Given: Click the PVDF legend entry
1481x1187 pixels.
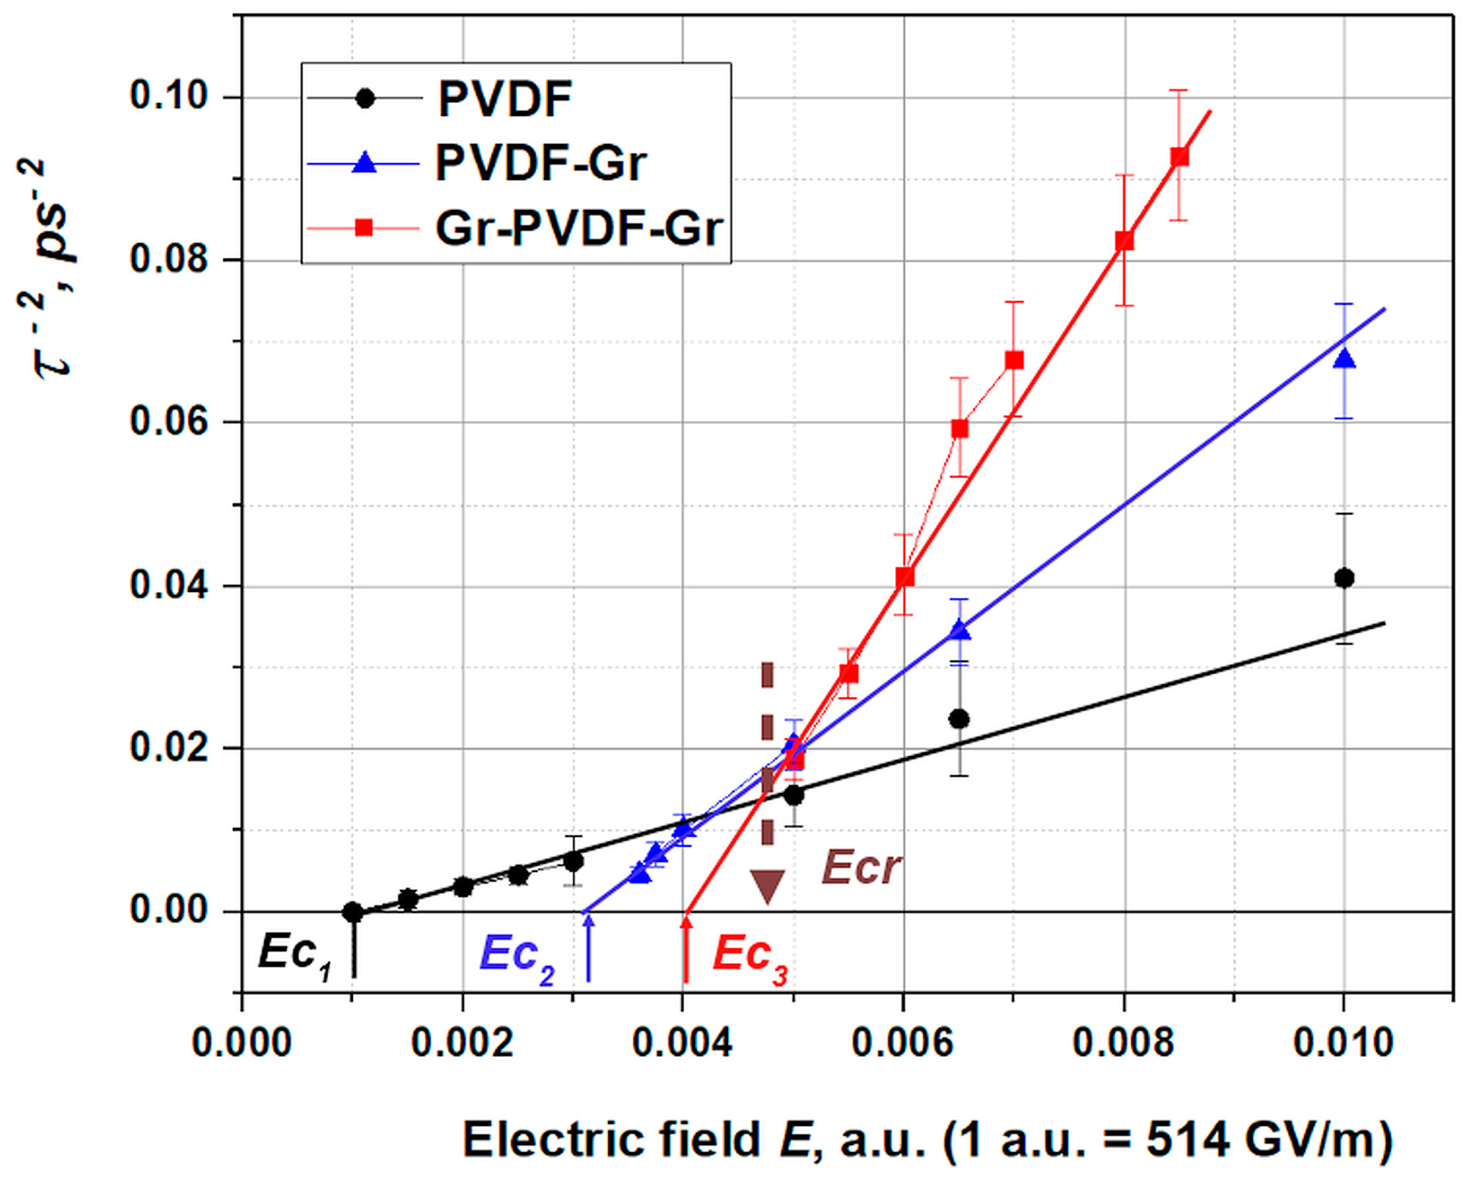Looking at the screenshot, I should (x=505, y=99).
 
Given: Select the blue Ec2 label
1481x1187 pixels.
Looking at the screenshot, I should (x=517, y=956).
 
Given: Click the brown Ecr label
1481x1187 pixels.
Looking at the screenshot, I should (x=860, y=868).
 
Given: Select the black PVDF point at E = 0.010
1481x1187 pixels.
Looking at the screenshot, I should (x=1344, y=578).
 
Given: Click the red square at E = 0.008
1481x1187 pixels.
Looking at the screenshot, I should (x=1125, y=240).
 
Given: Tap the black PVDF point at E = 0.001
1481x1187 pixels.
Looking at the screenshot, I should (x=353, y=912).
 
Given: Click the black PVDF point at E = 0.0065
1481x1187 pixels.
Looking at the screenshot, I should (x=959, y=719).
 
